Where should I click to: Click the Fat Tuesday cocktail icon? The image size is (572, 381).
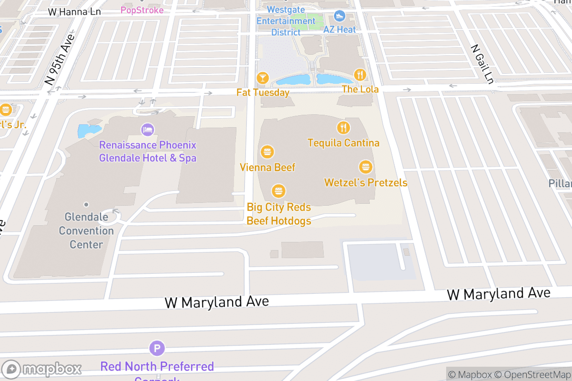263,78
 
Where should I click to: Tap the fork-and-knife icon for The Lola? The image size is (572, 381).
360,75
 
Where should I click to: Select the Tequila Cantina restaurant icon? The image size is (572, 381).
343,128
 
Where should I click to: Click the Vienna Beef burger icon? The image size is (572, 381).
267,152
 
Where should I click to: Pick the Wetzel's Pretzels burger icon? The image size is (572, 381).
366,167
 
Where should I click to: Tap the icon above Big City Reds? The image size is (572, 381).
278,191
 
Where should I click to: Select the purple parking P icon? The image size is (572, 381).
157,348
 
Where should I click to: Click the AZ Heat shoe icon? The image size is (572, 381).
340,17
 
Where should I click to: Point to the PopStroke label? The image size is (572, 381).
142,10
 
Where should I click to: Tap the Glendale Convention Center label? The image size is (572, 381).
86,231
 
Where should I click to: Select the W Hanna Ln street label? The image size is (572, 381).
74,11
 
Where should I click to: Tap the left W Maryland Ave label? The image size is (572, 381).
216,301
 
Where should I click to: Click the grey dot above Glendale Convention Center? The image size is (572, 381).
86,205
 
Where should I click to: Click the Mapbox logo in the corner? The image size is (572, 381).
43,369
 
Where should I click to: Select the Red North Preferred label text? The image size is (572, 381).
157,367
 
